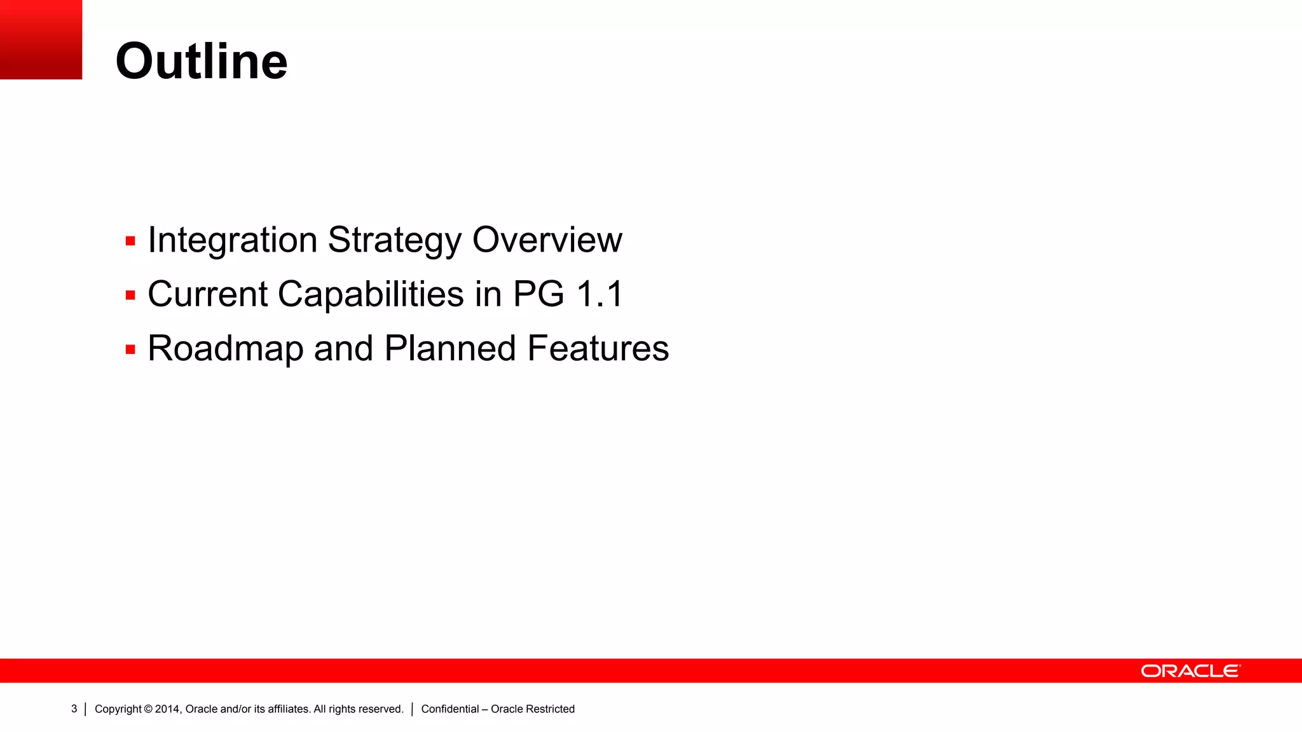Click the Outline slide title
tap(202, 62)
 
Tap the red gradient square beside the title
tap(41, 39)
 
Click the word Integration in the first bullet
tap(233, 240)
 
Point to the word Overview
tap(547, 240)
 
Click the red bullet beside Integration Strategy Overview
tap(131, 241)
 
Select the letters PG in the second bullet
tap(538, 295)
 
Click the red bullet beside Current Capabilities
tap(131, 295)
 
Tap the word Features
tap(598, 349)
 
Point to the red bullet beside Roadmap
tap(131, 349)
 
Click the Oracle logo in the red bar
tap(1190, 671)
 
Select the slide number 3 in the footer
tap(74, 709)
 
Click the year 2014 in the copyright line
tap(168, 709)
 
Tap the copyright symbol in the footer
tap(148, 709)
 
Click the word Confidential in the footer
tap(450, 709)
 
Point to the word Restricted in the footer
tap(550, 709)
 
